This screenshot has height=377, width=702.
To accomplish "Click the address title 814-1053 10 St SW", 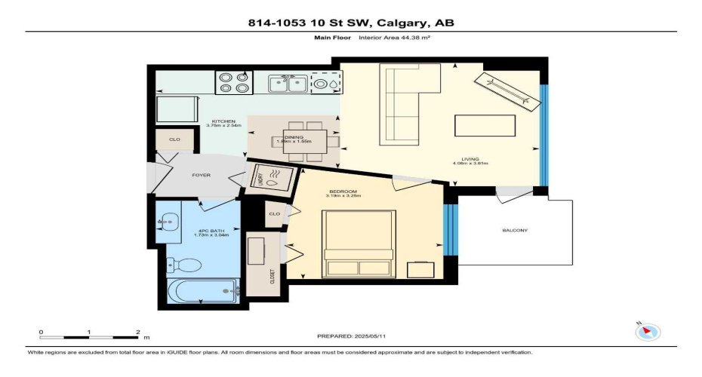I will click(x=351, y=23).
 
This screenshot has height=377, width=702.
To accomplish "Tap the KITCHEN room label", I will click(x=223, y=121).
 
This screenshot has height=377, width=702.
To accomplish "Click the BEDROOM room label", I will click(x=343, y=192).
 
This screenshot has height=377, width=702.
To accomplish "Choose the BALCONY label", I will click(x=514, y=230).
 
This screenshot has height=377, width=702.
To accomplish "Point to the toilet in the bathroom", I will click(x=184, y=265).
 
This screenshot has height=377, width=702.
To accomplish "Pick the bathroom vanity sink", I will click(x=167, y=222).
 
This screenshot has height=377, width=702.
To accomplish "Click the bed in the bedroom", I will click(x=359, y=244).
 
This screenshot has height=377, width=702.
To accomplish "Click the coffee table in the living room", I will click(x=485, y=124).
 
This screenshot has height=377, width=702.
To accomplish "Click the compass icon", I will click(x=648, y=331).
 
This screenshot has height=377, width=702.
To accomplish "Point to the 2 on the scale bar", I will click(x=137, y=332).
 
